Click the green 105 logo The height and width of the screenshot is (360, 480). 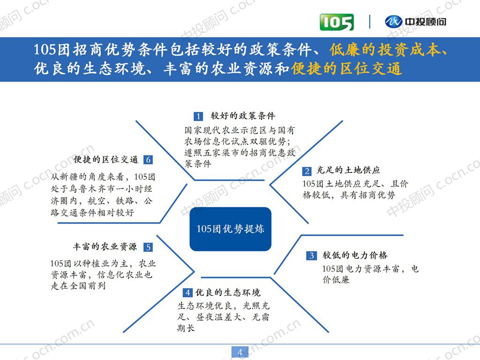click(337, 22)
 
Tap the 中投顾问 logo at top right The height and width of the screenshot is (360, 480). click(415, 22)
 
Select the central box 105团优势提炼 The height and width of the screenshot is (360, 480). click(230, 229)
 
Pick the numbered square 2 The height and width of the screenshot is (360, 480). click(307, 171)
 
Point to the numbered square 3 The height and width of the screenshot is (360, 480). click(311, 255)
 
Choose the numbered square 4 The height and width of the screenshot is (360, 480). click(187, 293)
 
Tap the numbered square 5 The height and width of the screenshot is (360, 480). click(148, 247)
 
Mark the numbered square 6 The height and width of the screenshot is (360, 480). click(148, 160)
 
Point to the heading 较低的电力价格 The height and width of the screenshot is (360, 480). click(355, 255)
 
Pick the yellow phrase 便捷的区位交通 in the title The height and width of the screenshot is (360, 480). click(346, 69)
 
